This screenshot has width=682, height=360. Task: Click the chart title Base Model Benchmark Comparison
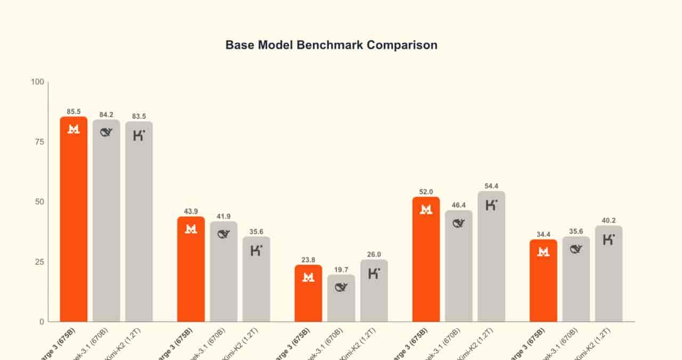(331, 45)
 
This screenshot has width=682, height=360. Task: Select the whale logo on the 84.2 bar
(107, 133)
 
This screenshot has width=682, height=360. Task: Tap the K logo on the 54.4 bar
(491, 204)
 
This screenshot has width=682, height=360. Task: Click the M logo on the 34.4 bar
(543, 252)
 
